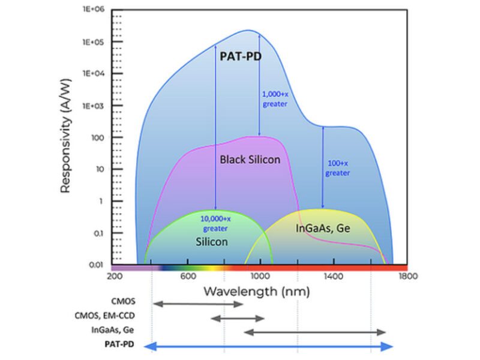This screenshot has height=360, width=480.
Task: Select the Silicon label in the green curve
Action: tap(211, 242)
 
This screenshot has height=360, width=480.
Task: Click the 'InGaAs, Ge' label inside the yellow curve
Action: tap(323, 229)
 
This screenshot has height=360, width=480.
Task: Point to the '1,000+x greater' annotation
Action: tap(275, 98)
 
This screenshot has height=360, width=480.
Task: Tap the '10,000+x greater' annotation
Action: tap(216, 223)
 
